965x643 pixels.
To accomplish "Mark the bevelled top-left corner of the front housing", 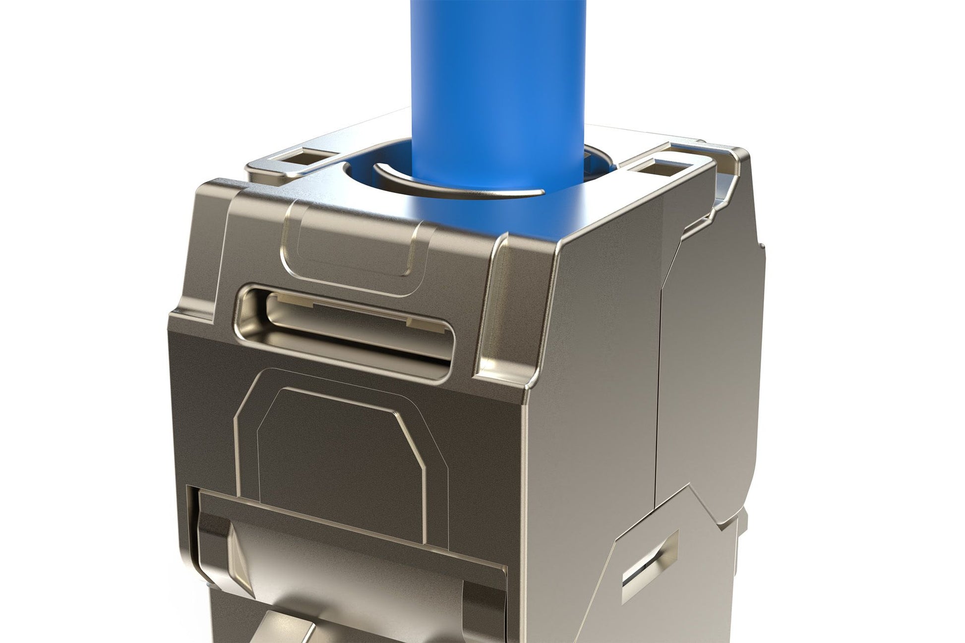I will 208,198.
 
